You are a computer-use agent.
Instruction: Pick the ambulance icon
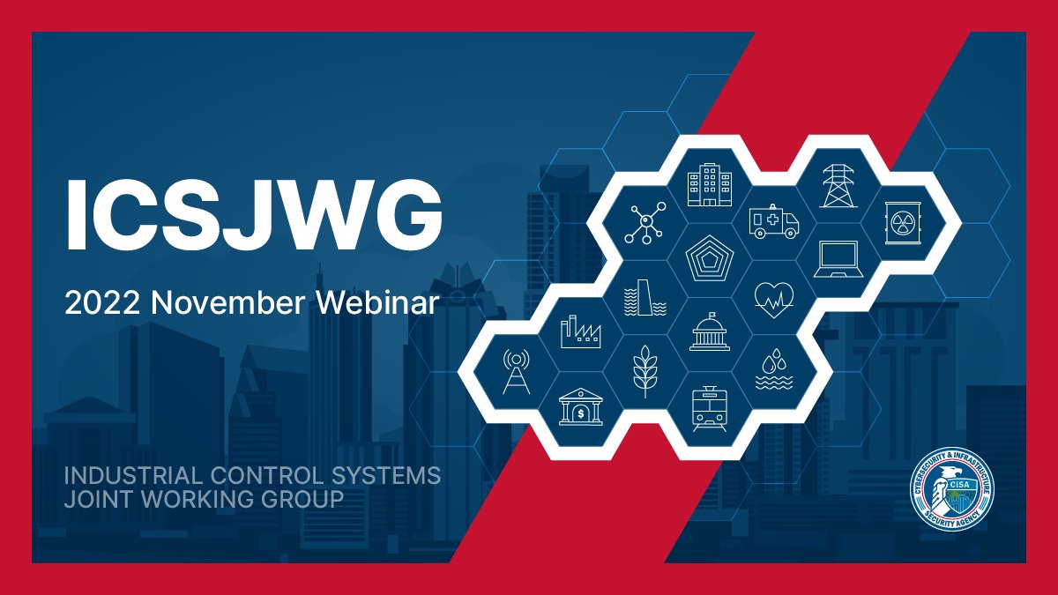pos(773,221)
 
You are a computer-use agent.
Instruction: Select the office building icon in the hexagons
pos(710,186)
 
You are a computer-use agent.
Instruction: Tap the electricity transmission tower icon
pos(838,186)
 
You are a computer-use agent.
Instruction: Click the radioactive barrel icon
pos(901,222)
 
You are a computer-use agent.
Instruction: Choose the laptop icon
pos(837,260)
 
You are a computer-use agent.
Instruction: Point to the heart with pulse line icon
pos(773,298)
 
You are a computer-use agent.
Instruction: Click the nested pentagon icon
pos(710,260)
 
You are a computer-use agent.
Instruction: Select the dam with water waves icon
pos(645,298)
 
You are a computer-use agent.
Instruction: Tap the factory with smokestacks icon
pos(581,332)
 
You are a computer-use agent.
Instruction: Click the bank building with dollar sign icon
pos(581,407)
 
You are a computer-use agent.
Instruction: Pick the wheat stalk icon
pos(645,371)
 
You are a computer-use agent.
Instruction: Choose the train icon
pos(709,408)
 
